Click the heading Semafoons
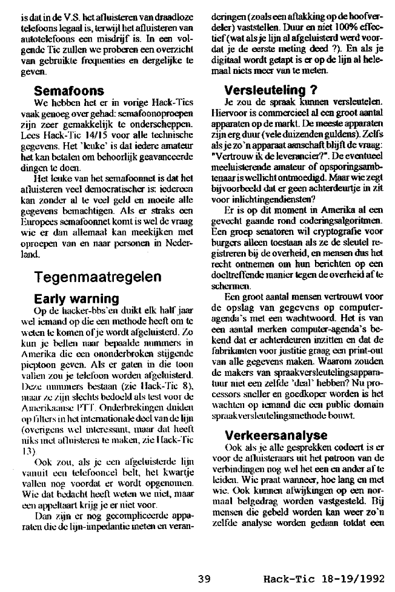click(68, 91)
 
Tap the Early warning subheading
click(76, 298)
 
